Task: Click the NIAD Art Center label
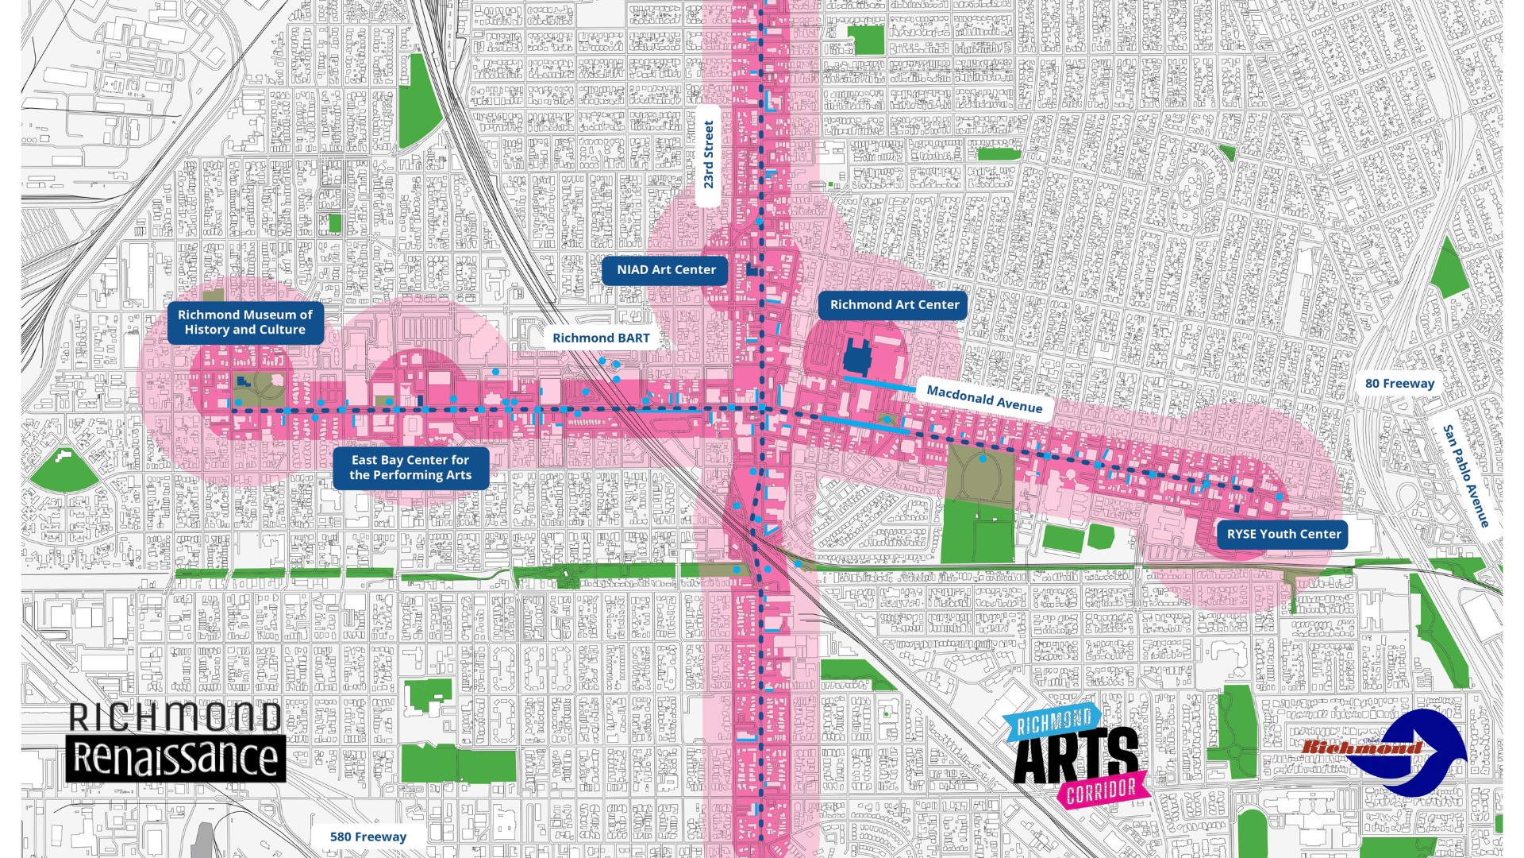tap(665, 270)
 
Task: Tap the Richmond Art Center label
tap(894, 305)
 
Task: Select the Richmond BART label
tap(601, 338)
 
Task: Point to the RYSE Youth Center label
tap(1283, 535)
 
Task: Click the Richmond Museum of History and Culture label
tap(244, 323)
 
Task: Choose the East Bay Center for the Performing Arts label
tap(410, 468)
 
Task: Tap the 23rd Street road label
tap(709, 155)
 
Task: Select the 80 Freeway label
tap(1399, 384)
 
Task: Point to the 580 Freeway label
tap(368, 837)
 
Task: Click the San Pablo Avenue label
tap(1465, 476)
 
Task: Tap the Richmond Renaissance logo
tap(175, 741)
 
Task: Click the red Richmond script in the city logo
tap(1361, 747)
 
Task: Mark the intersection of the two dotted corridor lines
tap(761, 408)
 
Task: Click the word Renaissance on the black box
tap(175, 759)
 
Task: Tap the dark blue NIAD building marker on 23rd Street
tap(751, 270)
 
